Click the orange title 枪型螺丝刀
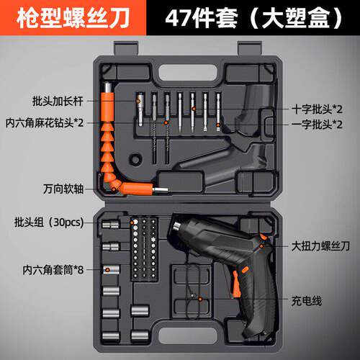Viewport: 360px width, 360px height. point(73,18)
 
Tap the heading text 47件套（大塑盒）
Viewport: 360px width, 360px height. point(254,18)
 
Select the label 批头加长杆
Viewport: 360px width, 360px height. point(58,101)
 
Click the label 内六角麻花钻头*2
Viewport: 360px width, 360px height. point(45,123)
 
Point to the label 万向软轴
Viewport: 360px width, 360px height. point(63,189)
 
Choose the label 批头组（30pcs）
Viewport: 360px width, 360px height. point(49,222)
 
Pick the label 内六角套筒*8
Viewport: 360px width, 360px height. point(53,270)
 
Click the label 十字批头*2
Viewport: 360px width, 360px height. point(318,109)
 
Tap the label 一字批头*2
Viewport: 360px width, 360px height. point(318,125)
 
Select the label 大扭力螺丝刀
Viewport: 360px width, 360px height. point(320,246)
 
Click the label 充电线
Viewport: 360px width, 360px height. point(307,301)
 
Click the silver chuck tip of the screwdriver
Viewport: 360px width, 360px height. point(177,227)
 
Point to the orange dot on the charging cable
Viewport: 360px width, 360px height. point(200,299)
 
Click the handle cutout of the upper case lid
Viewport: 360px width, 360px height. point(187,72)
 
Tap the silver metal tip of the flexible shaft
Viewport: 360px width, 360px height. point(161,190)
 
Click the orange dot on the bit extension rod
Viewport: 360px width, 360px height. point(138,101)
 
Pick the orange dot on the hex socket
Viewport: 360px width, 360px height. point(108,270)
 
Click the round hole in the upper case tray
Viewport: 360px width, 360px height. point(135,158)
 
